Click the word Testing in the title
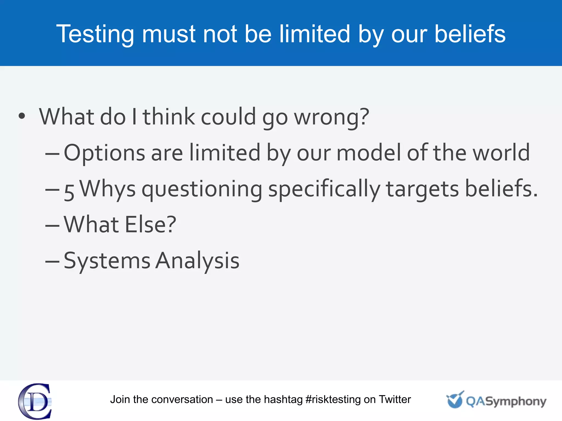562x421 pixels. pyautogui.click(x=95, y=34)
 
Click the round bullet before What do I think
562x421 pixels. pyautogui.click(x=22, y=116)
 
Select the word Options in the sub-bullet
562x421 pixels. pyautogui.click(x=104, y=153)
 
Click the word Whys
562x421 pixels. pyautogui.click(x=108, y=189)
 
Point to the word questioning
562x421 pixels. pyautogui.click(x=202, y=189)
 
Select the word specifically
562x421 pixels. pyautogui.click(x=324, y=189)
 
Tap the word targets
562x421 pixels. pyautogui.click(x=422, y=189)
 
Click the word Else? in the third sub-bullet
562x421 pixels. pyautogui.click(x=150, y=224)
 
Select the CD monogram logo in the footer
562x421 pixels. pyautogui.click(x=35, y=401)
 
